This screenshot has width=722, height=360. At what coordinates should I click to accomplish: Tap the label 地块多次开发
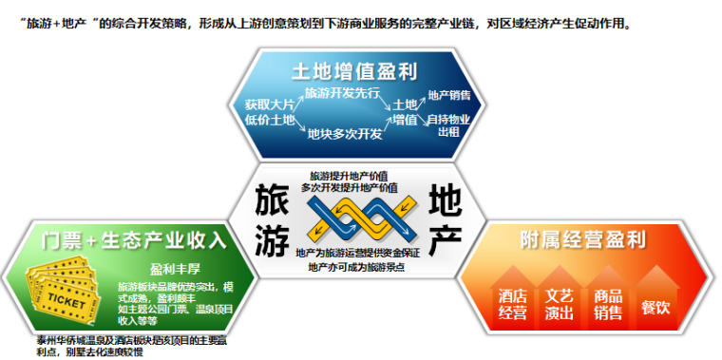344,135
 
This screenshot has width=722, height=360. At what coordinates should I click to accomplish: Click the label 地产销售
448,95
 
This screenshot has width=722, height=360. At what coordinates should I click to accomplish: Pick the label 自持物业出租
448,125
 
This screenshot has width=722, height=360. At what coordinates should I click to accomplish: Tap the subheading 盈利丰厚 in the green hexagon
174,270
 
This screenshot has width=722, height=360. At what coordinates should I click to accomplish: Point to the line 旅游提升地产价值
350,177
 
